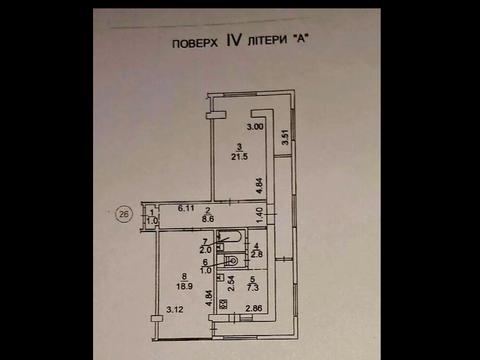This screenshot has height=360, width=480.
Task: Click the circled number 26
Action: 124,213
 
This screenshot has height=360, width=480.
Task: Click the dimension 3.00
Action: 255,128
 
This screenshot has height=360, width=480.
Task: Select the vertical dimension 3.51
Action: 285,139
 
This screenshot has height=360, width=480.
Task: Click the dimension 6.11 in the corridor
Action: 185,208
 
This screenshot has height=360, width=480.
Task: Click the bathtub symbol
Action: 229,239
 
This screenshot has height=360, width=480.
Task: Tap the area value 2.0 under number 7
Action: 206,251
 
